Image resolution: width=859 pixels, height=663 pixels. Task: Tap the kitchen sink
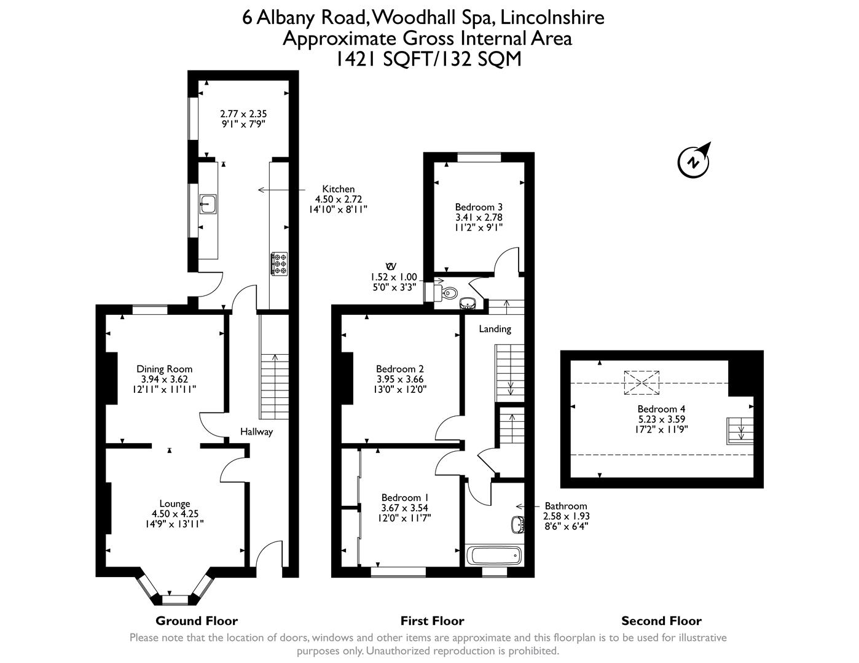[208, 203]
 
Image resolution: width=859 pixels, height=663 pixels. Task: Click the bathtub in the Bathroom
[494, 556]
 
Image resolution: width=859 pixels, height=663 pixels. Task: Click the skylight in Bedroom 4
[641, 382]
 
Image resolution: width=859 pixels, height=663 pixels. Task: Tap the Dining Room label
[164, 369]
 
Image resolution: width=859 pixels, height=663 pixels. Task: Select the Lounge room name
[175, 503]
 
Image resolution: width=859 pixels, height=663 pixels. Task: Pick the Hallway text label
[256, 432]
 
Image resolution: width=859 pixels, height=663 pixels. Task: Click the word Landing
[495, 329]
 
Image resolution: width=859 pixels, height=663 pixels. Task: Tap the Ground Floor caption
[196, 621]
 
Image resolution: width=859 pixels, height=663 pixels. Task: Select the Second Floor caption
[661, 621]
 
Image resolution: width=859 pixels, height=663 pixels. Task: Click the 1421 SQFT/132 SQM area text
[428, 59]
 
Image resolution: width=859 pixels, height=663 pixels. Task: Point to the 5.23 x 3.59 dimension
[661, 419]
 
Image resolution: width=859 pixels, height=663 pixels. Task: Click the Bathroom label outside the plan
[565, 506]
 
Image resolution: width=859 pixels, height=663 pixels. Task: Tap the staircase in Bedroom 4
[739, 429]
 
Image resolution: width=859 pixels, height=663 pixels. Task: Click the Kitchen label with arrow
[339, 189]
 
